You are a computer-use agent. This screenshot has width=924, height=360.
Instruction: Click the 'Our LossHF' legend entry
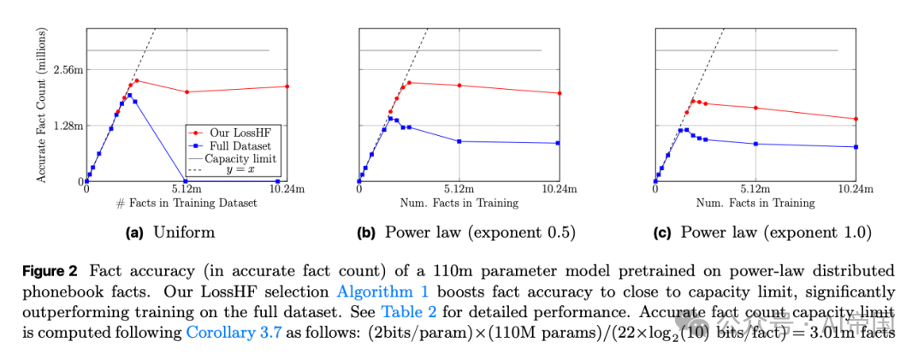coord(234,133)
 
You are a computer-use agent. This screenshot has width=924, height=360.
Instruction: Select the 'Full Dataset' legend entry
coord(236,145)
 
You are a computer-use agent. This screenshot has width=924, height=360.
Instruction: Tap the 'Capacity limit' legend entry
coord(240,158)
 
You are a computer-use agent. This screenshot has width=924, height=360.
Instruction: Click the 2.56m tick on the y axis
coord(67,69)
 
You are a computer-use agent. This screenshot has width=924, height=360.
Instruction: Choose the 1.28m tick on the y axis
coord(67,126)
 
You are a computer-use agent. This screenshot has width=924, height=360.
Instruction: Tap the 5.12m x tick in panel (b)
coord(459,189)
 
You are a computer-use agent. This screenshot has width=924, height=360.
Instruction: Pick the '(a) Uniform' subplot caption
coord(171,232)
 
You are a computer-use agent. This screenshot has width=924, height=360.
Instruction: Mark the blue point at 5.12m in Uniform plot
coord(187,181)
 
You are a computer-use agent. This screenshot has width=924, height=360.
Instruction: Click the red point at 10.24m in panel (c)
coord(856,119)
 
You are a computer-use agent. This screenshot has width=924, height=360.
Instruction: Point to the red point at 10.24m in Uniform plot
coord(287,86)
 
